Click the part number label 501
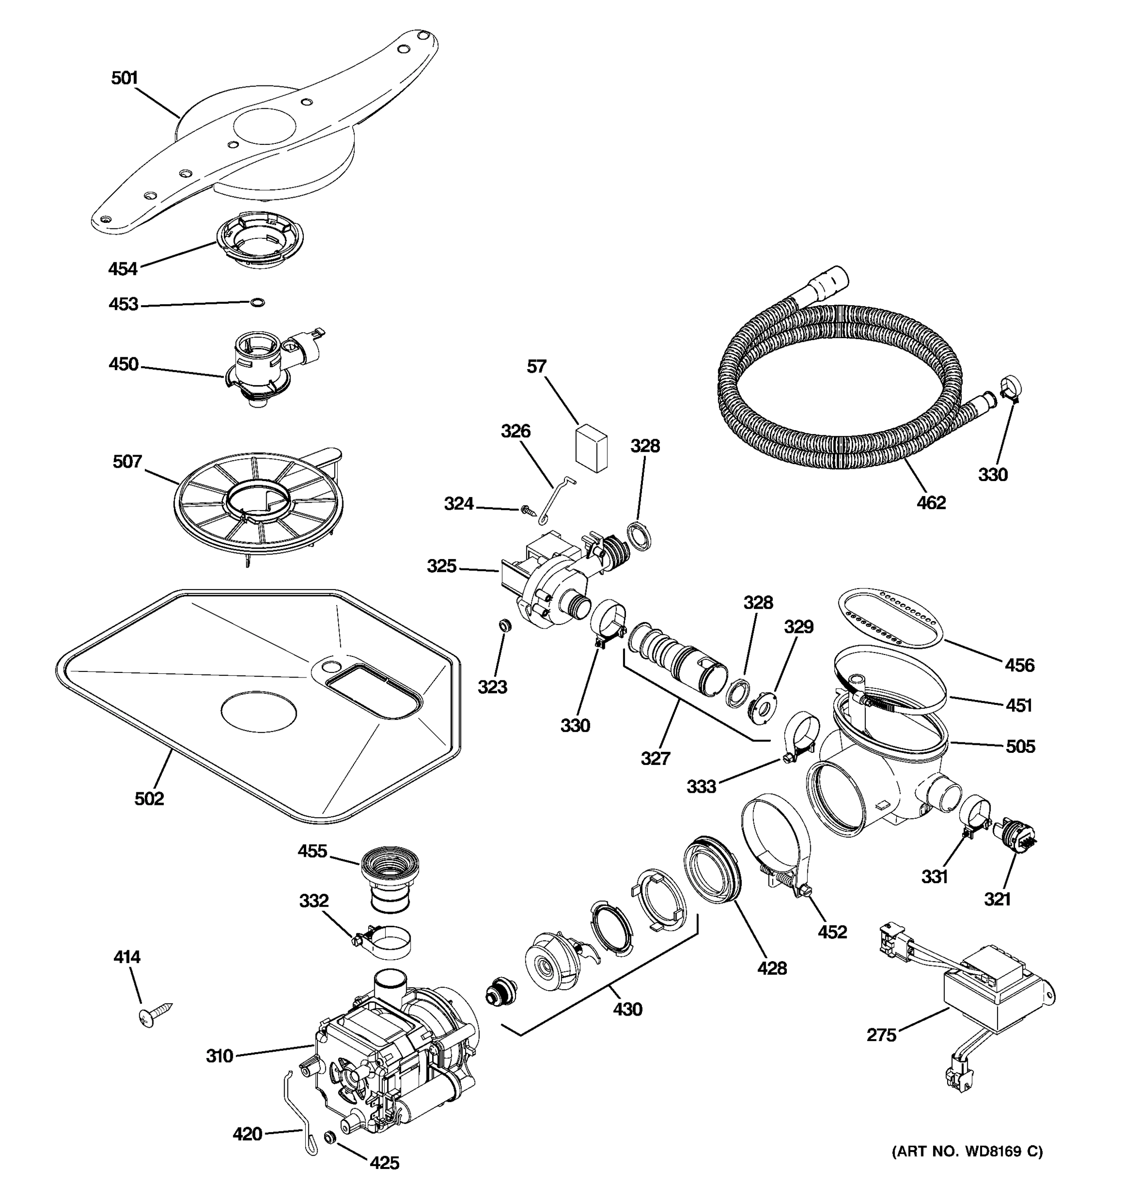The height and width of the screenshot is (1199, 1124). [x=125, y=78]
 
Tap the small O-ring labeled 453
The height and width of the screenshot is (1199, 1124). [x=257, y=302]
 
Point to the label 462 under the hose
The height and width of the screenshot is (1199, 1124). [x=931, y=503]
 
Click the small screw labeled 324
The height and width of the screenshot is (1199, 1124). [x=528, y=510]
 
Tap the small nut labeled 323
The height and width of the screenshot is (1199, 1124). [x=505, y=625]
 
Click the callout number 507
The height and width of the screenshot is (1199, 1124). [x=127, y=462]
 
